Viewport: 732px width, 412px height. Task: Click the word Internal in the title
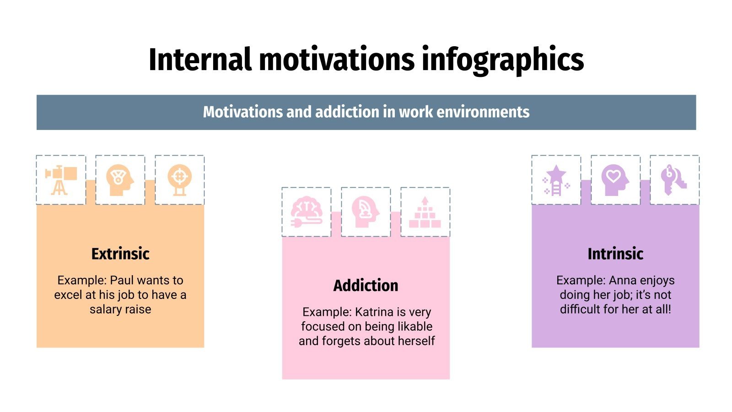(x=200, y=60)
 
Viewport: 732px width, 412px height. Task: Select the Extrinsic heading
(x=120, y=254)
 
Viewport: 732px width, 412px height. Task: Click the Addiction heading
(x=366, y=286)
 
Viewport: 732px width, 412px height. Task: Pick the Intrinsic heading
(x=615, y=254)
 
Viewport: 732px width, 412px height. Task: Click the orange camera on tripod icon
(x=61, y=180)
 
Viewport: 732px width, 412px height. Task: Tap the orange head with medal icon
(x=120, y=180)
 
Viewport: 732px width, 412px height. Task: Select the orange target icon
(x=179, y=180)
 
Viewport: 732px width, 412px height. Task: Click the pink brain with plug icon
(x=307, y=212)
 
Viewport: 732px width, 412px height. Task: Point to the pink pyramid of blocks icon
(x=425, y=212)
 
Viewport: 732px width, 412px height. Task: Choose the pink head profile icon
(x=366, y=212)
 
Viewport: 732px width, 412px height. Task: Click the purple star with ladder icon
(x=556, y=180)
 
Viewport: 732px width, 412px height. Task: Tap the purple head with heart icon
(x=615, y=180)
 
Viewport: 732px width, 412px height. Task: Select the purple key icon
(x=674, y=180)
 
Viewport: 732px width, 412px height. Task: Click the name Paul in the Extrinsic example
(x=122, y=280)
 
